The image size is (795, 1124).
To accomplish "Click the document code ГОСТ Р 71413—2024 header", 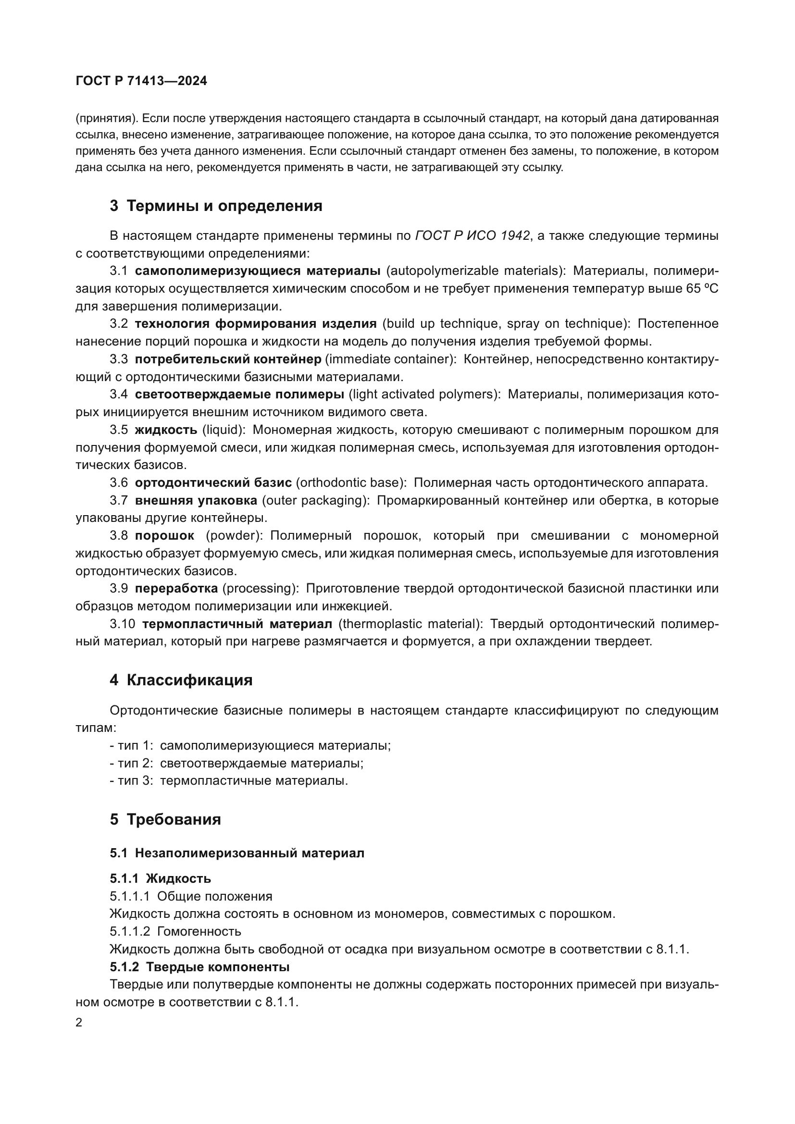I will (x=141, y=81).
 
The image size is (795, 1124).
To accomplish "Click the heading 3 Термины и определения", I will (x=216, y=206).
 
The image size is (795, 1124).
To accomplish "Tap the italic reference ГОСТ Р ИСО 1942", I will (x=472, y=236).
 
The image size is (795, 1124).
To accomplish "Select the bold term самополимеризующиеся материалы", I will (x=258, y=271).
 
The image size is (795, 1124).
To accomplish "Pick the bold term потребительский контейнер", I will (x=228, y=359).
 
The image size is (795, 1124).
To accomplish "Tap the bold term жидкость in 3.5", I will (x=166, y=430).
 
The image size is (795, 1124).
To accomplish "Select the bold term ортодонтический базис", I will (x=213, y=482).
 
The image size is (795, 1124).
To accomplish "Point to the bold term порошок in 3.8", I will (x=164, y=535).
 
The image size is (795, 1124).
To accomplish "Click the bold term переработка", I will (x=176, y=589).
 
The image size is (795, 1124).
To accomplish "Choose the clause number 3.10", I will (x=123, y=624).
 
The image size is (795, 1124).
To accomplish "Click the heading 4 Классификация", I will (x=181, y=680).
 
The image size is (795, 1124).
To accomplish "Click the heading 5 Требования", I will (x=165, y=819).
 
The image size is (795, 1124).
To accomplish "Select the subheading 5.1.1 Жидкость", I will (x=161, y=879).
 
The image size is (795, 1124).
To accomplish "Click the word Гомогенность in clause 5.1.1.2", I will (x=199, y=931).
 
